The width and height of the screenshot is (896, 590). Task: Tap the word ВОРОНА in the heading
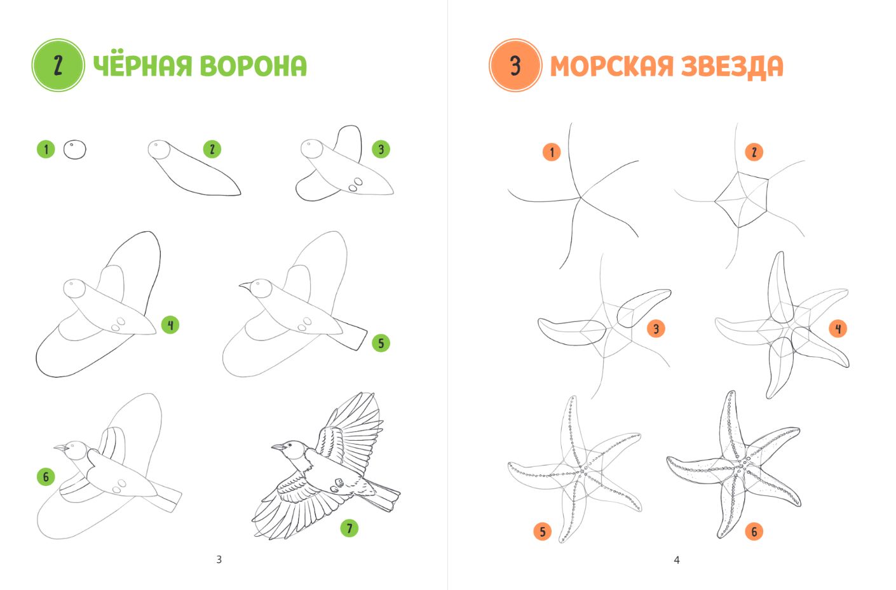click(254, 66)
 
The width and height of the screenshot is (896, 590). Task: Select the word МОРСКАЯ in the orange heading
click(612, 66)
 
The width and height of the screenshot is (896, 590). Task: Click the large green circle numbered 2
click(58, 65)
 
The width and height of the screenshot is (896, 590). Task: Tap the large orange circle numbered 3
click(515, 65)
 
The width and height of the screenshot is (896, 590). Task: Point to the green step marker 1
click(46, 149)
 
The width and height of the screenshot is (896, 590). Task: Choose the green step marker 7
click(350, 528)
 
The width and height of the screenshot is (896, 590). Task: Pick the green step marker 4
click(170, 325)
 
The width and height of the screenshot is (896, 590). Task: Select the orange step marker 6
click(754, 532)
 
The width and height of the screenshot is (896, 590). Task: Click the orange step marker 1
click(552, 152)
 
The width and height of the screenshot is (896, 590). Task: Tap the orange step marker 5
click(543, 532)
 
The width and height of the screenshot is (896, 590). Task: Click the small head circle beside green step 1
click(75, 149)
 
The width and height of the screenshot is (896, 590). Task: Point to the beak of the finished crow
click(279, 446)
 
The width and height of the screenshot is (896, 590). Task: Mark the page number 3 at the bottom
click(219, 560)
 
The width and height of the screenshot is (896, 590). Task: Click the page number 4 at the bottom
click(677, 560)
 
